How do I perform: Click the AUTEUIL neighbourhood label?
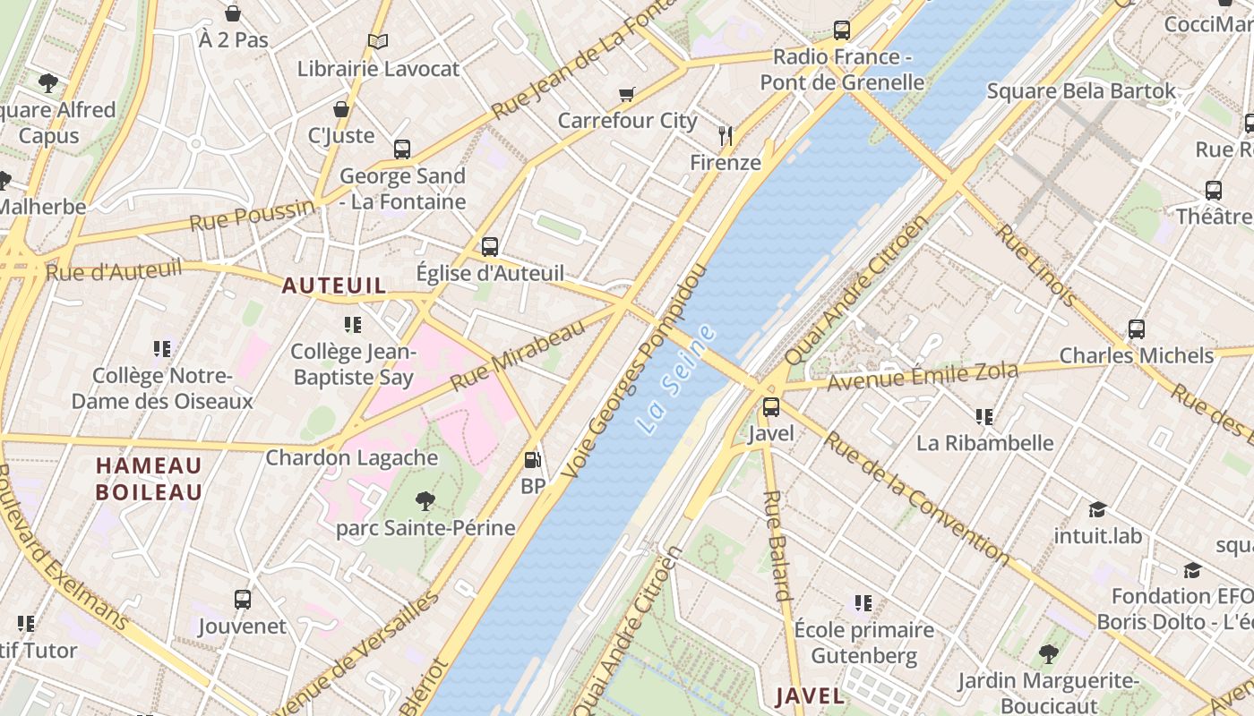[x=334, y=286]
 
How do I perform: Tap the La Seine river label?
[x=679, y=379]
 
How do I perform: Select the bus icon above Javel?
[x=771, y=407]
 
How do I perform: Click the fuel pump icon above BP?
[x=533, y=460]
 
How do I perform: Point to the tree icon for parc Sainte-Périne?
[x=425, y=501]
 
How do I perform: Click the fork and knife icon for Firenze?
[x=726, y=136]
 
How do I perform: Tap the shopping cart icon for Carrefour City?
[x=627, y=94]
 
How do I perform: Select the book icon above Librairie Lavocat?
[x=378, y=41]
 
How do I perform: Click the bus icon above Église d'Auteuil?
[x=490, y=246]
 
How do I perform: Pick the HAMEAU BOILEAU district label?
[x=149, y=479]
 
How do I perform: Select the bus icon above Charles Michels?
[x=1137, y=328]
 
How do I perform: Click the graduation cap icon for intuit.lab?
[x=1097, y=509]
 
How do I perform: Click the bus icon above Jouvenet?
[x=242, y=599]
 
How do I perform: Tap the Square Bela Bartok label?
[x=1081, y=90]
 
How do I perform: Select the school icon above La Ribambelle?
[x=984, y=416]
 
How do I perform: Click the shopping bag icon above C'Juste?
[x=340, y=109]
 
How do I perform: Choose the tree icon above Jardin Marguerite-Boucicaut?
[x=1048, y=654]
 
